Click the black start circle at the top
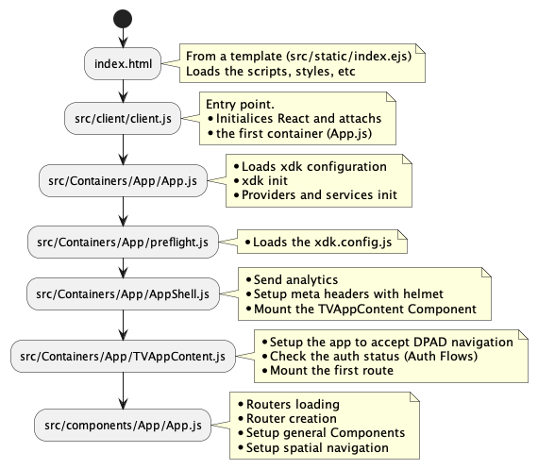tap(124, 18)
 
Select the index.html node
tap(124, 63)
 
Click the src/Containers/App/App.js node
tap(124, 179)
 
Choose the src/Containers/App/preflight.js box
tap(124, 240)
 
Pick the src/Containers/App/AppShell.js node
tap(124, 294)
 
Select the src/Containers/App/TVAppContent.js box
tap(124, 356)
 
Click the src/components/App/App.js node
tap(124, 425)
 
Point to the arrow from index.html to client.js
tap(124, 91)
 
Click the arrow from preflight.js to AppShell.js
tap(124, 267)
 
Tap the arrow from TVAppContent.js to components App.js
tap(124, 391)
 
